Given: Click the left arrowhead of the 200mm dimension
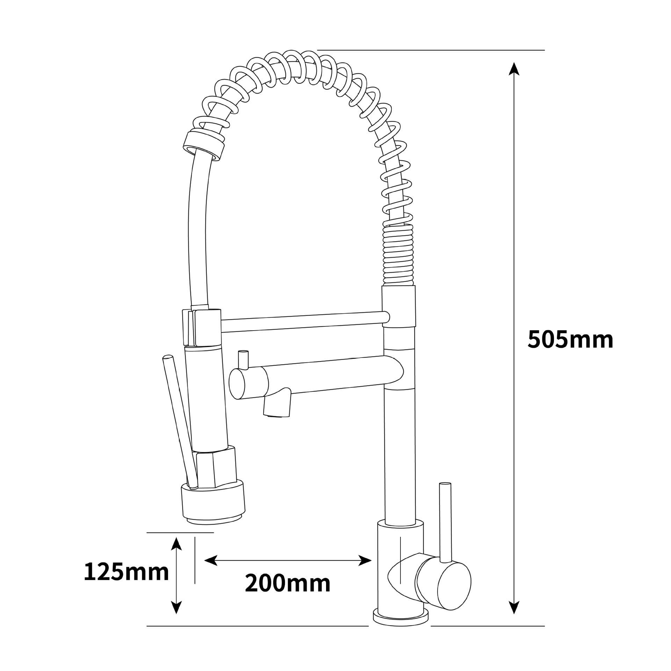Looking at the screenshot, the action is tap(211, 561).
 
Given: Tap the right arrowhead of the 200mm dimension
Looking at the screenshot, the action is tap(365, 561).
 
